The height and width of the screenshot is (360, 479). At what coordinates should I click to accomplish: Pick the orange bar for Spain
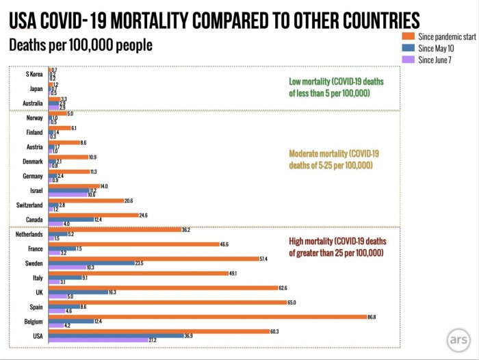click(167, 302)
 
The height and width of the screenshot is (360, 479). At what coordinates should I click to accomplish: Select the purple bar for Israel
click(68, 194)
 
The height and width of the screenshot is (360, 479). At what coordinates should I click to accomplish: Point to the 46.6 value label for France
click(224, 243)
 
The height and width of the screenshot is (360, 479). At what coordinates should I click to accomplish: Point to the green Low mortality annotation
click(337, 87)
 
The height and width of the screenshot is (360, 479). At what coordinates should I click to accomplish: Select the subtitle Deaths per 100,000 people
click(80, 46)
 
